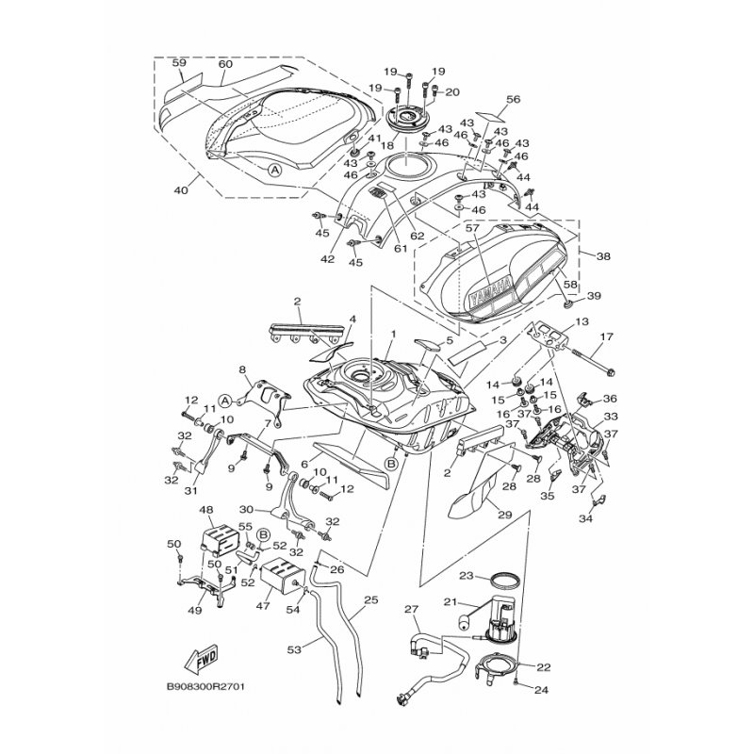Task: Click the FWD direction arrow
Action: point(201,657)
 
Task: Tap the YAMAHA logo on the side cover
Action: point(490,292)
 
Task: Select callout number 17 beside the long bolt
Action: point(606,337)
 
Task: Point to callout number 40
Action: point(181,190)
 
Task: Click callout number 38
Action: point(603,256)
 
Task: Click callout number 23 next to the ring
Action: point(467,575)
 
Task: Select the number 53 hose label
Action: point(294,650)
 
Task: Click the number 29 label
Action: point(504,516)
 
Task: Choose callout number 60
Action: point(225,64)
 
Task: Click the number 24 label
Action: point(541,690)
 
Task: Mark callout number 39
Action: point(595,296)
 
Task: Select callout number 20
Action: point(452,91)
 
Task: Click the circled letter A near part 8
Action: point(224,400)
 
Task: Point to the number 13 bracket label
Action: point(582,321)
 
